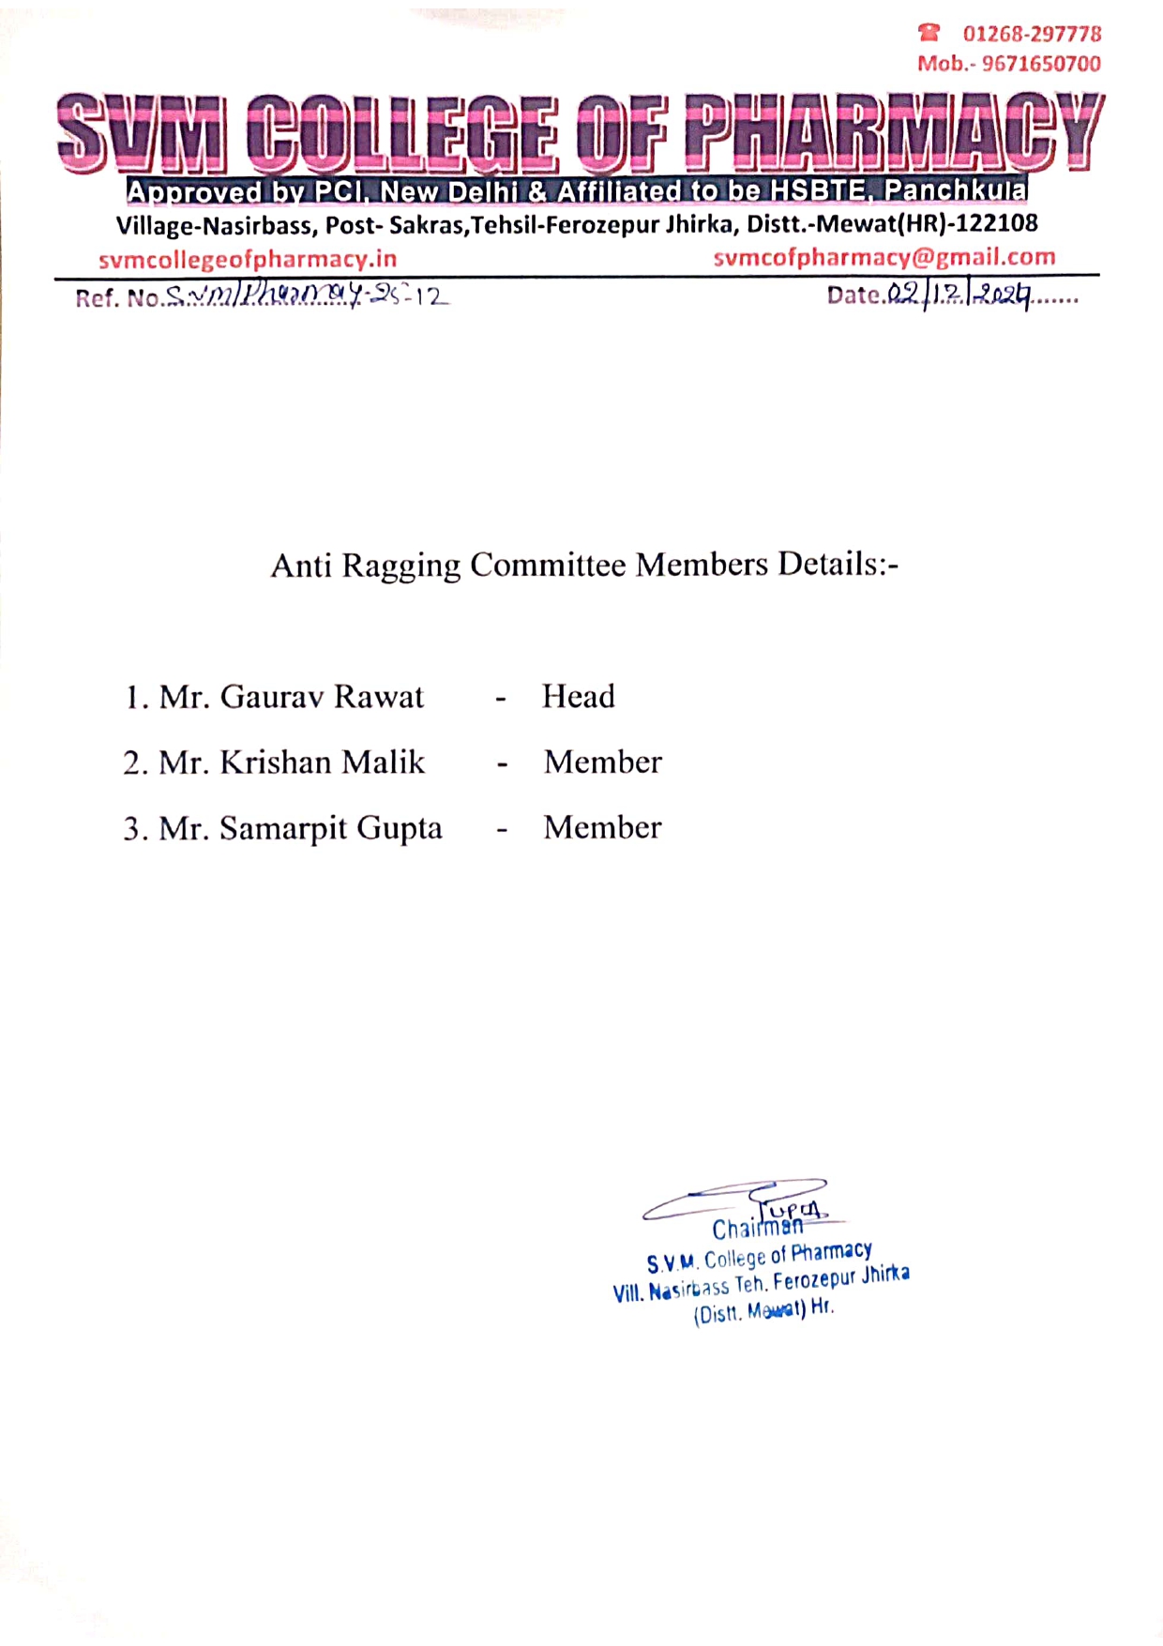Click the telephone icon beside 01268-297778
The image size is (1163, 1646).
(929, 34)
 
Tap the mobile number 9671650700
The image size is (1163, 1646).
(1040, 64)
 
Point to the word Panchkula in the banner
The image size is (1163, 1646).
(955, 190)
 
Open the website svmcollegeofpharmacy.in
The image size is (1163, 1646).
(248, 259)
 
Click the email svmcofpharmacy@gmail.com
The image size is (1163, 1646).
(884, 257)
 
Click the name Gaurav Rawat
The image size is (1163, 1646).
(322, 697)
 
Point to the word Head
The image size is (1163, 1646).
(578, 697)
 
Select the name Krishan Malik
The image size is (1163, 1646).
(322, 763)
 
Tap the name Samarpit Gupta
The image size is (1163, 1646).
(330, 829)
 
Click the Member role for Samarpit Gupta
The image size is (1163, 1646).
(602, 827)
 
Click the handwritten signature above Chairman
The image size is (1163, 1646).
(741, 1201)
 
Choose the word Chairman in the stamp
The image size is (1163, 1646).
(757, 1228)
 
